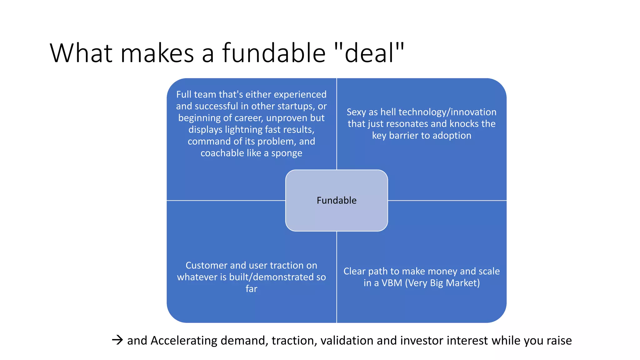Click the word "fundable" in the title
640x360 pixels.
pyautogui.click(x=274, y=53)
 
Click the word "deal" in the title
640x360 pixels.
pyautogui.click(x=369, y=53)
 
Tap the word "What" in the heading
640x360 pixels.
pyautogui.click(x=81, y=53)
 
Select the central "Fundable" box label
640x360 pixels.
pyautogui.click(x=337, y=200)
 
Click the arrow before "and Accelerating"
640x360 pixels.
pyautogui.click(x=117, y=340)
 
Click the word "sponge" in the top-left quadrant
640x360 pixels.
pyautogui.click(x=287, y=153)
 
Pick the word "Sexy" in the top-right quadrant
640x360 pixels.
pyautogui.click(x=356, y=112)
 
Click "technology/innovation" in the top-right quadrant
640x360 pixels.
pyautogui.click(x=447, y=112)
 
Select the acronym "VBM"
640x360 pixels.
pyautogui.click(x=392, y=283)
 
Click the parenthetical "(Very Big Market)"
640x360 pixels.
pyautogui.click(x=442, y=283)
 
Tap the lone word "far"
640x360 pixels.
pyautogui.click(x=251, y=289)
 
